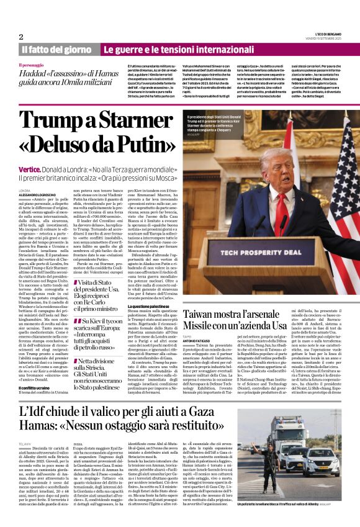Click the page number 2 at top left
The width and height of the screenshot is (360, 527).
coord(21,37)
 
